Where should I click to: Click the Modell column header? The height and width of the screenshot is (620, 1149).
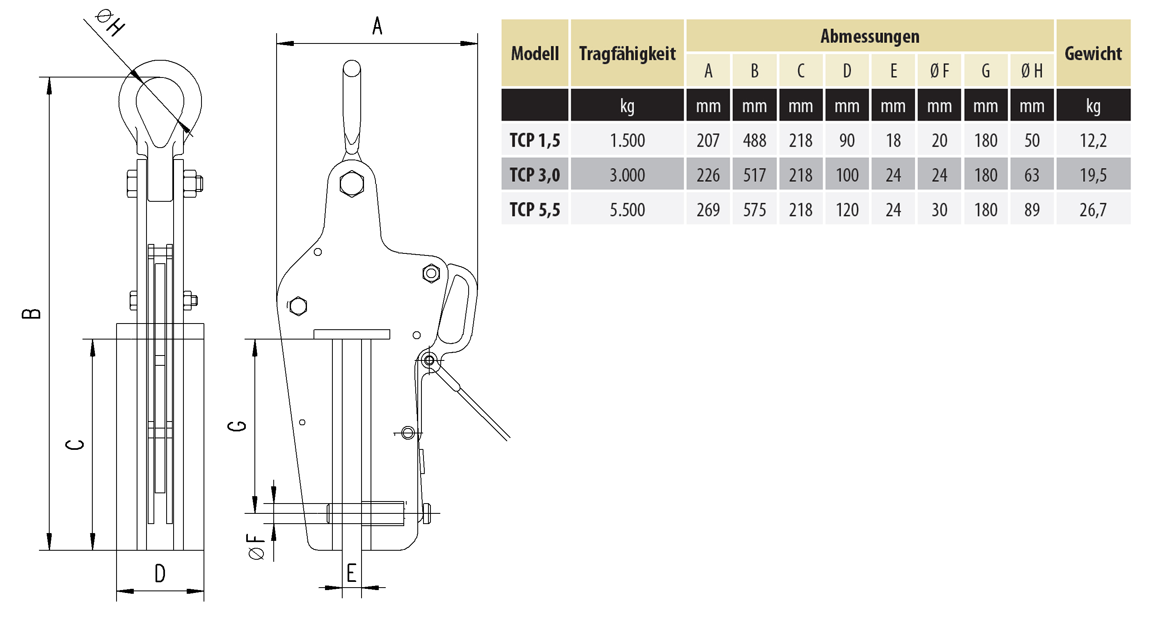[x=534, y=53]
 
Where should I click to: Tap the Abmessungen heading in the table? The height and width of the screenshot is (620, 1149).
[x=870, y=36]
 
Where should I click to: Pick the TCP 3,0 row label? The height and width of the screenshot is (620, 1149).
[x=534, y=175]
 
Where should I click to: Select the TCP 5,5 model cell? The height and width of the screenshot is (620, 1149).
[x=534, y=210]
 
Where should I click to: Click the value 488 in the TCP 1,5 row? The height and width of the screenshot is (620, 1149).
[x=754, y=140]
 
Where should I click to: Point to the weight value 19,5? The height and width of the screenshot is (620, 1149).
[x=1093, y=175]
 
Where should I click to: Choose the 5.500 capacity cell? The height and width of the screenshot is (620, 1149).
[x=627, y=210]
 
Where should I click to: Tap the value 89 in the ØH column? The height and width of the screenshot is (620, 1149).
[x=1032, y=210]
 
